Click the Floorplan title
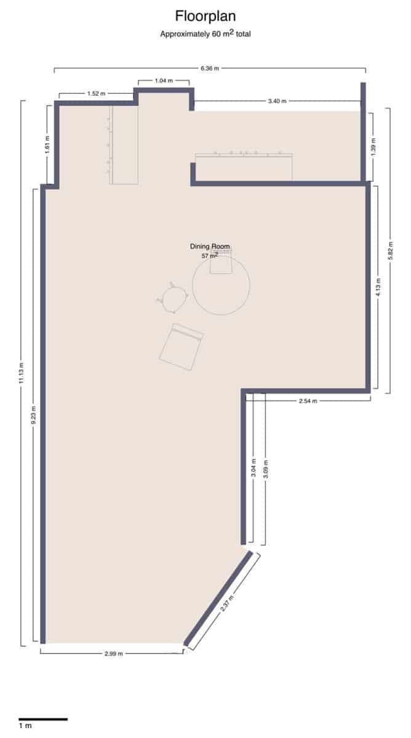click(x=205, y=15)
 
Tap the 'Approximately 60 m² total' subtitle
click(x=205, y=34)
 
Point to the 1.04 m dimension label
click(x=163, y=81)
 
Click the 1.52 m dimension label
click(x=96, y=93)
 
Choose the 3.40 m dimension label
click(x=277, y=101)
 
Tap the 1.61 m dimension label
click(x=47, y=145)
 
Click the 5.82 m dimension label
click(x=388, y=250)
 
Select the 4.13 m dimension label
click(x=378, y=287)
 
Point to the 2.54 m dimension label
click(x=308, y=401)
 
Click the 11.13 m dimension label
click(x=22, y=373)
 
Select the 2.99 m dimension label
click(x=113, y=653)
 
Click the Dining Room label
click(x=210, y=247)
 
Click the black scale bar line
click(x=42, y=719)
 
